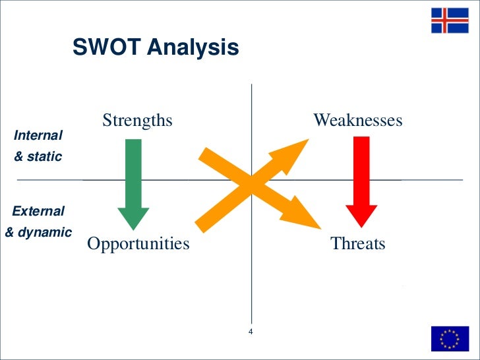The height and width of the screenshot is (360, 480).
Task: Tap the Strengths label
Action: pyautogui.click(x=137, y=121)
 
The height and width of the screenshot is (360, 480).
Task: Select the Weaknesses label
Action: pyautogui.click(x=357, y=121)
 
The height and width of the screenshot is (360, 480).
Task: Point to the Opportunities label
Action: pyautogui.click(x=138, y=244)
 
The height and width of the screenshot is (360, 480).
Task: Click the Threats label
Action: pyautogui.click(x=358, y=244)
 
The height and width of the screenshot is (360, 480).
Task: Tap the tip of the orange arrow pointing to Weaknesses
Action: pyautogui.click(x=308, y=140)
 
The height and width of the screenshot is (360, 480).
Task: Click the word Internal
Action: pyautogui.click(x=38, y=135)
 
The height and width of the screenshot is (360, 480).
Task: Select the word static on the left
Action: pyautogui.click(x=45, y=157)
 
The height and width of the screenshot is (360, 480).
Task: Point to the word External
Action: pyautogui.click(x=38, y=212)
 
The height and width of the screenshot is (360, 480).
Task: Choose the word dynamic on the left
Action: pyautogui.click(x=46, y=232)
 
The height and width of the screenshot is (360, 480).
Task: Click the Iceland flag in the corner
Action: pyautogui.click(x=450, y=21)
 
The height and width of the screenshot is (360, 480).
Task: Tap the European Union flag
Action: pyautogui.click(x=450, y=338)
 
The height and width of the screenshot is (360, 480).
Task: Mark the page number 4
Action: pyautogui.click(x=251, y=331)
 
